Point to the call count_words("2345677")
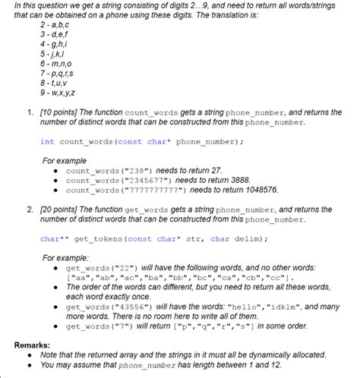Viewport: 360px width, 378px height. pyautogui.click(x=112, y=181)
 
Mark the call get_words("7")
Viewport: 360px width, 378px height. pyautogui.click(x=93, y=326)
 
